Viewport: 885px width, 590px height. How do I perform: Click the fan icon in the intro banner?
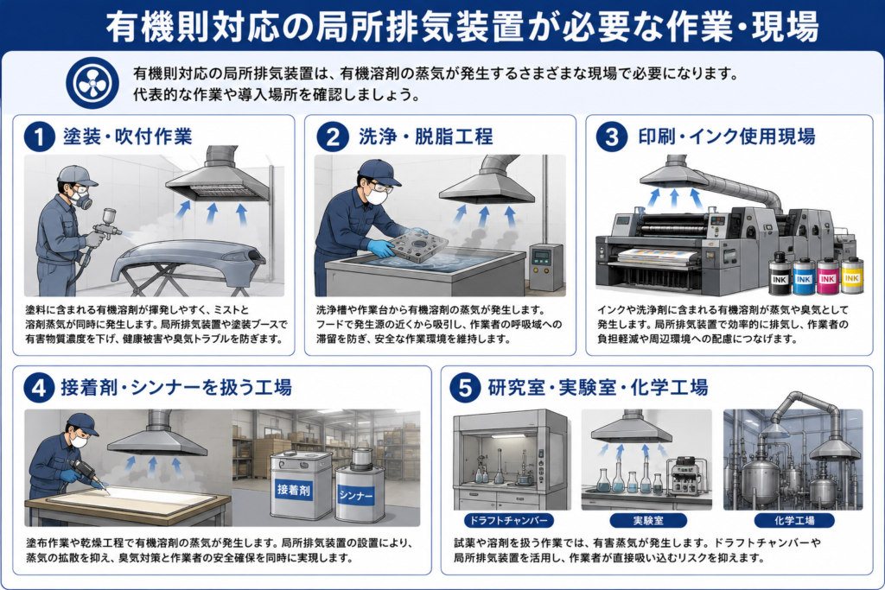[x=92, y=83]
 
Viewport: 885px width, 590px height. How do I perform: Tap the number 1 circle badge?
[x=39, y=137]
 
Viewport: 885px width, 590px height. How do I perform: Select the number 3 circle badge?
[x=612, y=137]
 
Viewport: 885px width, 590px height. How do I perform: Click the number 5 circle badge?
[x=465, y=388]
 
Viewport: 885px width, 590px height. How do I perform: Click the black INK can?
[x=780, y=274]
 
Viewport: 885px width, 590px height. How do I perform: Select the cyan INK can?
[x=803, y=276]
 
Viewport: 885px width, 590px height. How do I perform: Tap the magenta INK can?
[x=827, y=276]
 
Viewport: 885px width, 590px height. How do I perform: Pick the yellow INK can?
[x=851, y=275]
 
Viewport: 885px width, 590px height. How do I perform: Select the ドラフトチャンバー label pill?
[x=508, y=520]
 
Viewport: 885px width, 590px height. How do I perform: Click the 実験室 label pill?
[x=648, y=520]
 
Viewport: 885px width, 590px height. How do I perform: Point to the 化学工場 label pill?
[x=795, y=520]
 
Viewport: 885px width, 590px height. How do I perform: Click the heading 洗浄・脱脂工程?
[x=425, y=136]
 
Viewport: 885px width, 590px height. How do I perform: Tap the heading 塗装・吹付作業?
[x=128, y=136]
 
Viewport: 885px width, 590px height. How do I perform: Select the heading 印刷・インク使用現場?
[x=726, y=136]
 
